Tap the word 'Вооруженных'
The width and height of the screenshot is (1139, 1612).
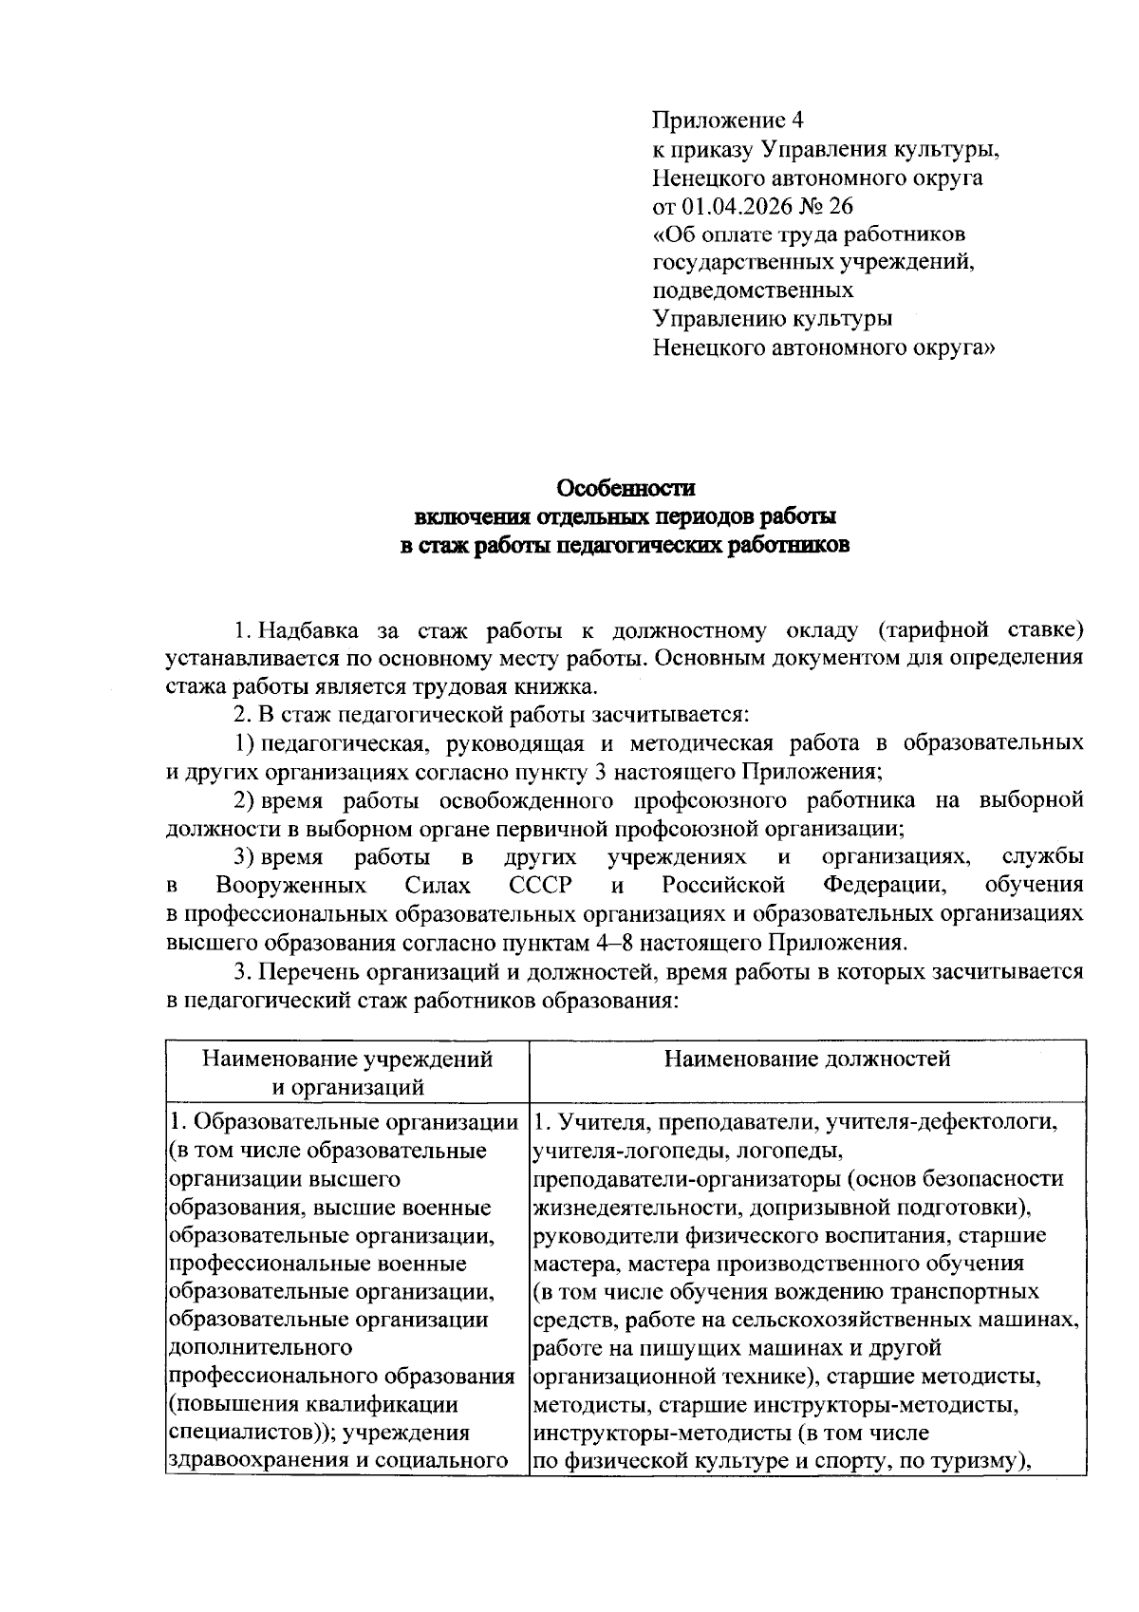coord(291,886)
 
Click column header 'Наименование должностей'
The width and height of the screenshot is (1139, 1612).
coord(807,1059)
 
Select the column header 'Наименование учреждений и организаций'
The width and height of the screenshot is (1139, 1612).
coord(347,1072)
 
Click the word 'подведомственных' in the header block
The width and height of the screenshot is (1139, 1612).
coord(753,290)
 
